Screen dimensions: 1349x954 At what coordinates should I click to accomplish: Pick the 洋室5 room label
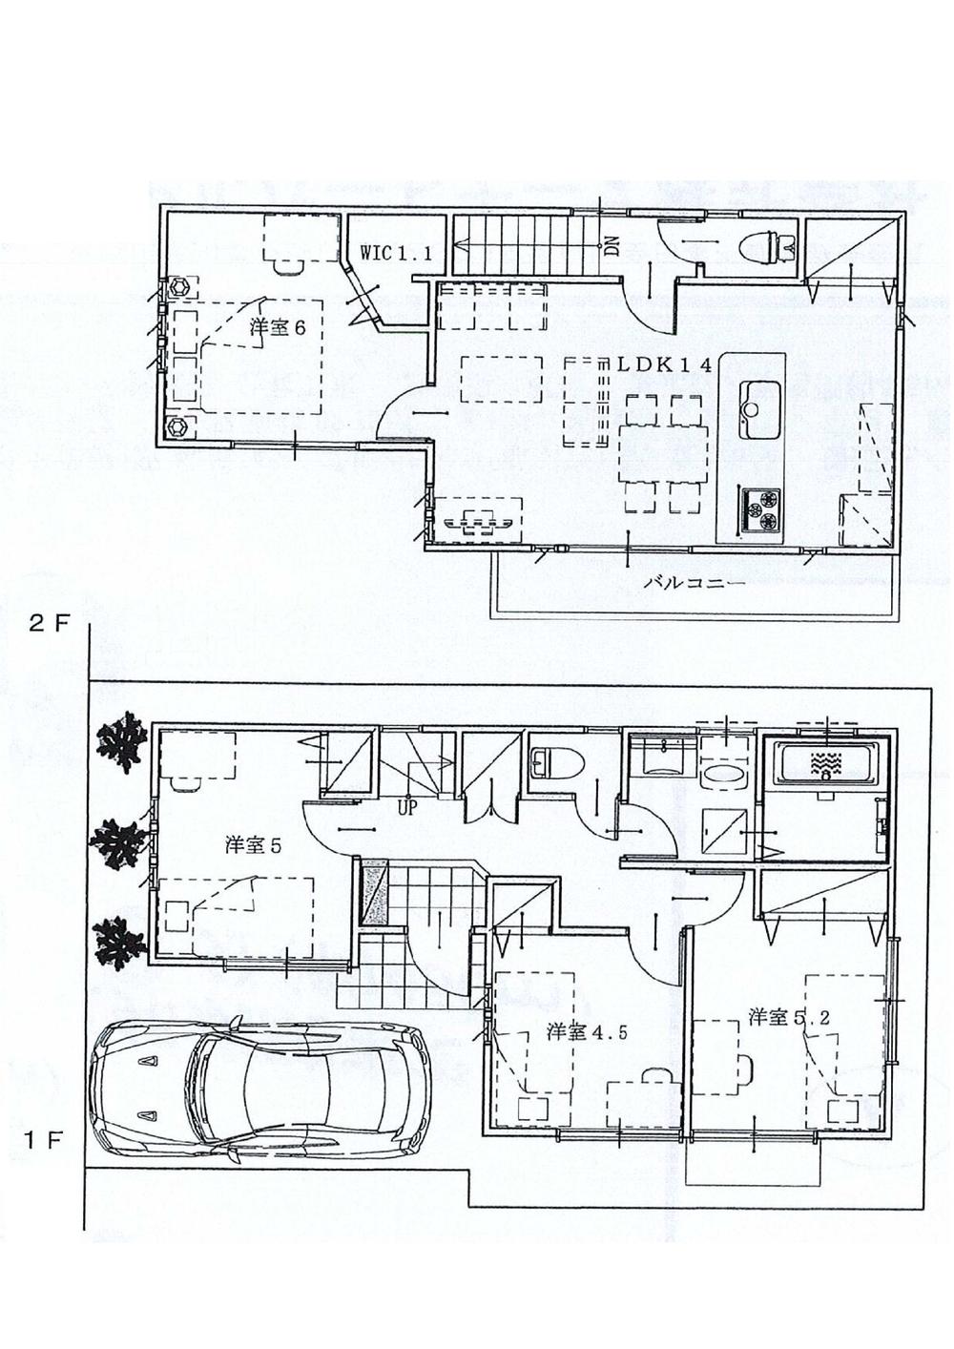click(251, 845)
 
